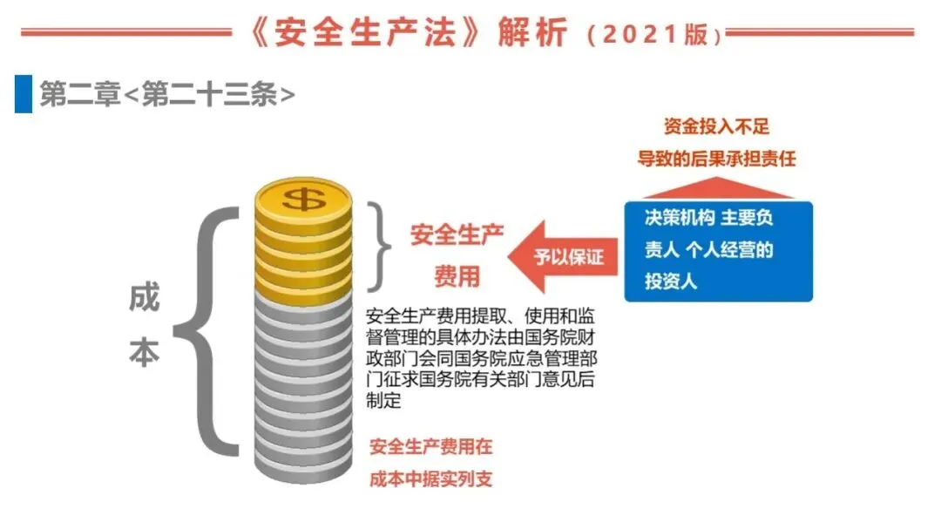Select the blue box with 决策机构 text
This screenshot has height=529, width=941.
718,251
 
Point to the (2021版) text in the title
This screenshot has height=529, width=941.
653,36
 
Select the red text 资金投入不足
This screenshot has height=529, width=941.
716,127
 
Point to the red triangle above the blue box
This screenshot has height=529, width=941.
716,188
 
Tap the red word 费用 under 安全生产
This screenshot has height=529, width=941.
457,277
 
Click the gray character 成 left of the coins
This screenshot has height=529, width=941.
145,299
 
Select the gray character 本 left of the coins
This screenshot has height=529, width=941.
145,356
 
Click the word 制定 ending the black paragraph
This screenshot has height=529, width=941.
384,402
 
